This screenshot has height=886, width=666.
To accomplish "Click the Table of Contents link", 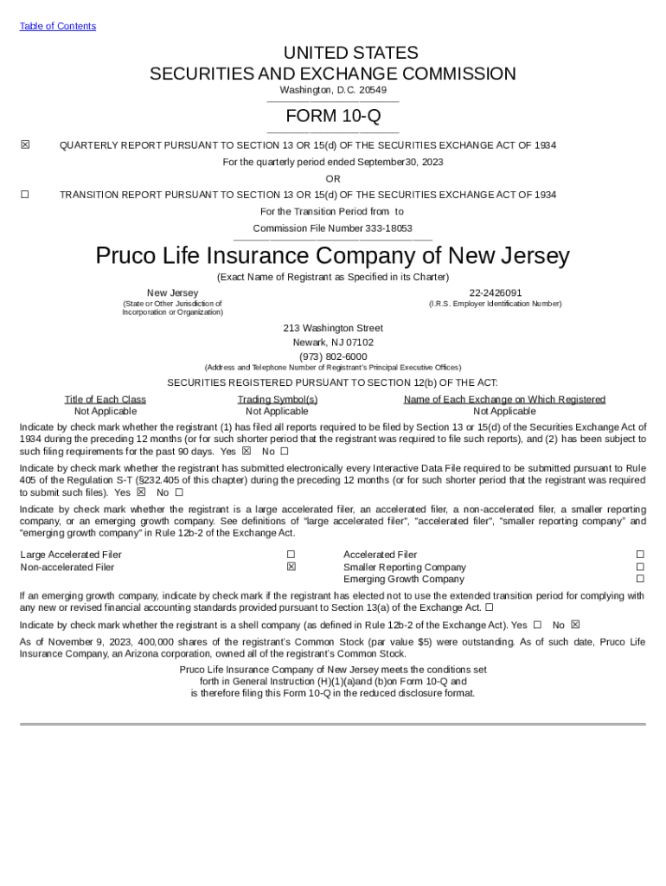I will (57, 26).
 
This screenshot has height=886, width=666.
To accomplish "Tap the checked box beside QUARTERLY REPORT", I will (25, 144).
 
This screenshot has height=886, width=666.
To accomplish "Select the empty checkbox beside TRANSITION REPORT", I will (25, 195).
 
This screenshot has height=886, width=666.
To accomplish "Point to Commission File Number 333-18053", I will (332, 228).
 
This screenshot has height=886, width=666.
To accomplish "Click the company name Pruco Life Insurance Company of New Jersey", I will (333, 256).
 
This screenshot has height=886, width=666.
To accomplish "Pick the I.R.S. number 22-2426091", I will (495, 293).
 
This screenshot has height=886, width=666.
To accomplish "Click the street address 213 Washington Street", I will (333, 329).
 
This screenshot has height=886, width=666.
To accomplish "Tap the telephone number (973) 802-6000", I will (333, 356).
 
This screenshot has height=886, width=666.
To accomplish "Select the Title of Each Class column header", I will (106, 400).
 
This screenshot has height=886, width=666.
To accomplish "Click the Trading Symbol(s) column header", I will (278, 400).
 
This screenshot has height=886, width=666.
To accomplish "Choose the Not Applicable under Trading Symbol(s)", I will (277, 412).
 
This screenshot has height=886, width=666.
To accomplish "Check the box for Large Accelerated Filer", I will (291, 555).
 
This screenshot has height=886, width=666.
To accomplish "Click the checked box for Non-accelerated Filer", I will (291, 567).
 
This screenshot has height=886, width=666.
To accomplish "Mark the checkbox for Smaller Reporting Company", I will (640, 567).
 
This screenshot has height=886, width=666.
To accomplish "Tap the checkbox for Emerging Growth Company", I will (640, 579).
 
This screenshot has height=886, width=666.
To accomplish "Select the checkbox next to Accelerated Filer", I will (640, 555).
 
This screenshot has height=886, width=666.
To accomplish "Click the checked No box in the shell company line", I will (575, 625).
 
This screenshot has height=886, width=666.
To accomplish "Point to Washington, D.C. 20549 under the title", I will (333, 90).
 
